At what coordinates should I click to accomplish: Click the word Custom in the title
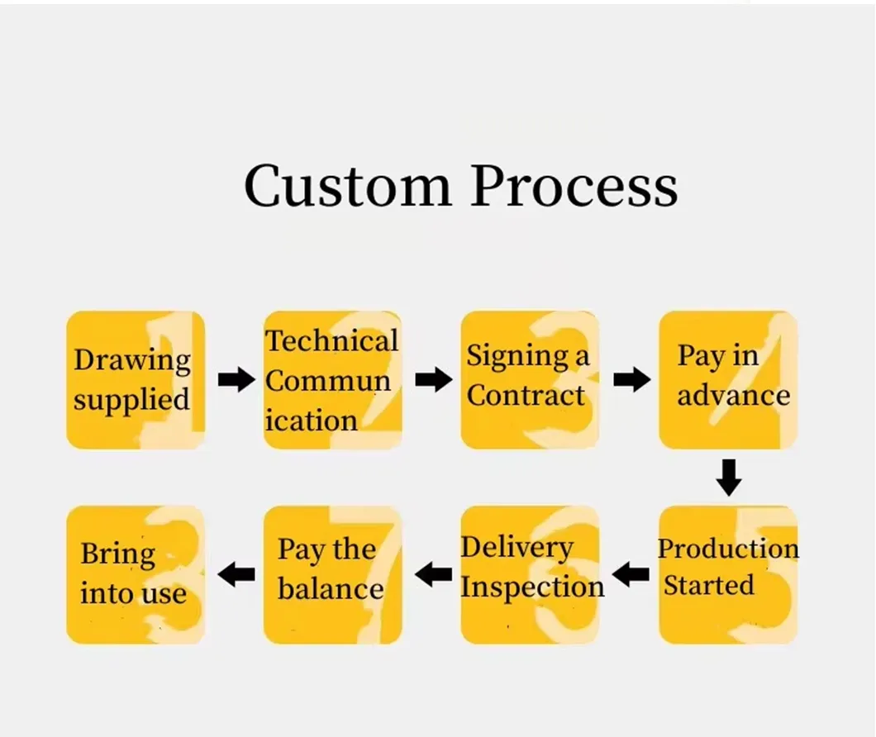point(347,185)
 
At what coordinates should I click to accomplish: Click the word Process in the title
point(574,185)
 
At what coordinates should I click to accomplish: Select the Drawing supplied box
point(136,380)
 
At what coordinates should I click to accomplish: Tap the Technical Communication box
point(332,380)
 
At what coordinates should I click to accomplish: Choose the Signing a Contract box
point(529,380)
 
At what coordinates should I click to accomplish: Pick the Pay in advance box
point(727,380)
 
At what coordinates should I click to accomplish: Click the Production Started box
point(727,574)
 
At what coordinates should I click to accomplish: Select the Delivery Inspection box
point(529,574)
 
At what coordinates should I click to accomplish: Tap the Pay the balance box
point(332,574)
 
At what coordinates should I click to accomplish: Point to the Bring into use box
point(136,574)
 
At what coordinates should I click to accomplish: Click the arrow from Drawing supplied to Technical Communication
point(236,380)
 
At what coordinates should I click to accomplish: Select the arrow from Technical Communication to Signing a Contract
point(433,380)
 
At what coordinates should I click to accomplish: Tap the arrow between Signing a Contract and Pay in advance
point(631,380)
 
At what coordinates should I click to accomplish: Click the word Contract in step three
point(526,396)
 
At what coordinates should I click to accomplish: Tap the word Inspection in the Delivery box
point(532,587)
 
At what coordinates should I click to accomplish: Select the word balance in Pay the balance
point(331,589)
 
